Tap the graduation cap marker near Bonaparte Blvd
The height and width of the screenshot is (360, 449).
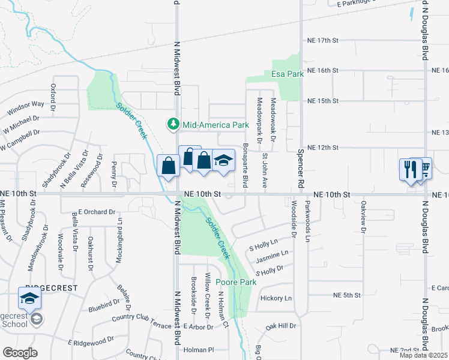coord(223,161)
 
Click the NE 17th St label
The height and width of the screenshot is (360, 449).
coord(323,40)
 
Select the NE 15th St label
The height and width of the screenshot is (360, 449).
coord(323,101)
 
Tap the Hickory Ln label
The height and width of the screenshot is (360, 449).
coord(276,298)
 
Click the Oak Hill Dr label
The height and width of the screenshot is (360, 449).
coord(282,326)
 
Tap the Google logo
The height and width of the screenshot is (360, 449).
coord(20,353)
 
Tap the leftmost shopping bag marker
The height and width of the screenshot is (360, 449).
coord(168,166)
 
